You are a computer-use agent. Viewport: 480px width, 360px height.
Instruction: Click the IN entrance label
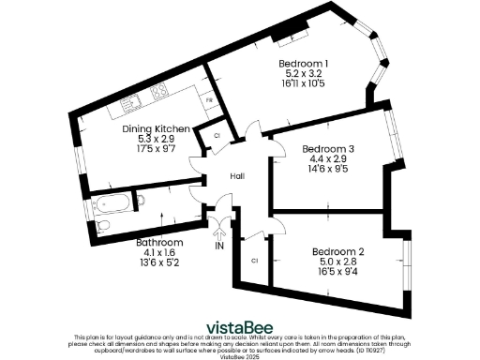[219, 247]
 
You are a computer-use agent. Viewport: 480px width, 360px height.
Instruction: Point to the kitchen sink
[130, 98]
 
